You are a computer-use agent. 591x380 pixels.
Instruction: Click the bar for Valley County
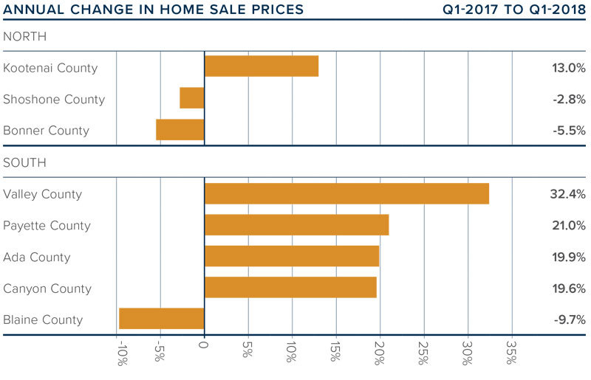(346, 194)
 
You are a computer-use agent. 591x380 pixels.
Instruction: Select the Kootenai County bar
(262, 66)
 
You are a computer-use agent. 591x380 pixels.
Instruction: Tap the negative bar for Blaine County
(161, 319)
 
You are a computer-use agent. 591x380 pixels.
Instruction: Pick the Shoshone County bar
(192, 98)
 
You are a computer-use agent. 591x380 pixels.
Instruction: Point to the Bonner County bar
(180, 130)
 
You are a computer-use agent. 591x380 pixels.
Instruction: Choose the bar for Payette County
(296, 225)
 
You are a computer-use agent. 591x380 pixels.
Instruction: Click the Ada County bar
(292, 257)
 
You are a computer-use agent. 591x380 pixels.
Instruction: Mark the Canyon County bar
(290, 288)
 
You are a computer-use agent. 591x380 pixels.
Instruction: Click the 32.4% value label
(567, 195)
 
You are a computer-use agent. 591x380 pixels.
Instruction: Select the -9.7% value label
(568, 319)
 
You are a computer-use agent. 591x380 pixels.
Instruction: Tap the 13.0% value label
(567, 68)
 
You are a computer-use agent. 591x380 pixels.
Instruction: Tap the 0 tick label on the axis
(205, 345)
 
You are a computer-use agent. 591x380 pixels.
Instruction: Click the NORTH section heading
(24, 36)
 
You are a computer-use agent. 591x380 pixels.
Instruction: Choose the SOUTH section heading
(24, 162)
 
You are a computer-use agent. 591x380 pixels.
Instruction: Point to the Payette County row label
(47, 226)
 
